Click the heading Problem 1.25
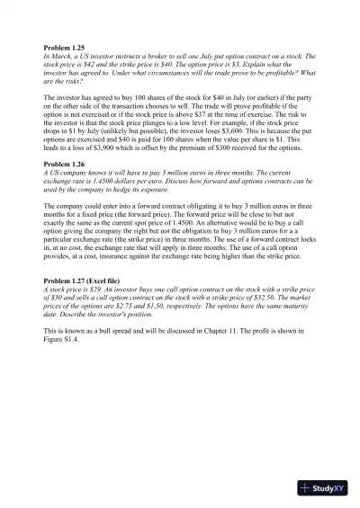click(x=64, y=47)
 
